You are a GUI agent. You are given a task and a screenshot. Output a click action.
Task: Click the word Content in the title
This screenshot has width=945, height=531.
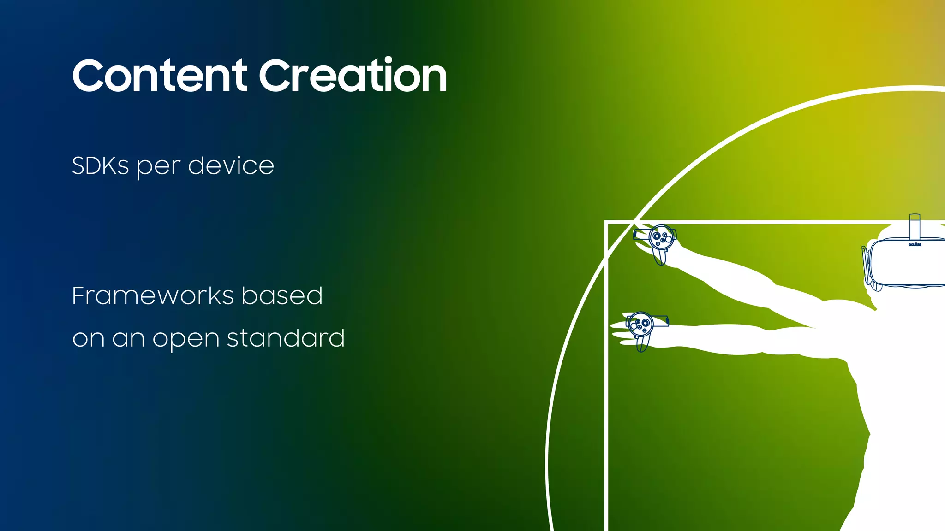pos(160,76)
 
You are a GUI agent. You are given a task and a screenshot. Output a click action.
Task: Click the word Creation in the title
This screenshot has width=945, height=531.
pos(353,76)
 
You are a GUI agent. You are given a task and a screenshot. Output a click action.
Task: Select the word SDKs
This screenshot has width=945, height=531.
pos(100,166)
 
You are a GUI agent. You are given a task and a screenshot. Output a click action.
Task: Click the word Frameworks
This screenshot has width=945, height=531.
pos(153,296)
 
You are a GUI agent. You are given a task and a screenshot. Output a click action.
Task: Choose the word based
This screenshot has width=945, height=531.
pos(282,295)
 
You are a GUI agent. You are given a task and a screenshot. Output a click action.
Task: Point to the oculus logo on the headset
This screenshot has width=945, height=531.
pos(915,245)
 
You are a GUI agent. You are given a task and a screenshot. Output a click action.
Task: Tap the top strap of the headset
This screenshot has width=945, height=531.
pos(915,226)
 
